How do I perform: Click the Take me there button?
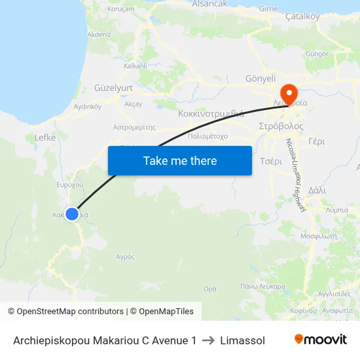pos(180,160)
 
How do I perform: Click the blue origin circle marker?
pos(72,213)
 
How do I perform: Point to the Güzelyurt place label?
pos(113,87)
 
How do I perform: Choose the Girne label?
pos(268,9)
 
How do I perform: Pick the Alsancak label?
pos(209,4)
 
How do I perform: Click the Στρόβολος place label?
pos(281,125)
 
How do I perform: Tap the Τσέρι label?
pos(270,161)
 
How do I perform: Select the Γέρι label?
pos(316,141)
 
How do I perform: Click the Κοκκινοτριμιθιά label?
pos(211,113)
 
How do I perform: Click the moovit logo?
pos(321,340)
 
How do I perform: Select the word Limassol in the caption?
pos(243,340)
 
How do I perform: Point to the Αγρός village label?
pos(124,257)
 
